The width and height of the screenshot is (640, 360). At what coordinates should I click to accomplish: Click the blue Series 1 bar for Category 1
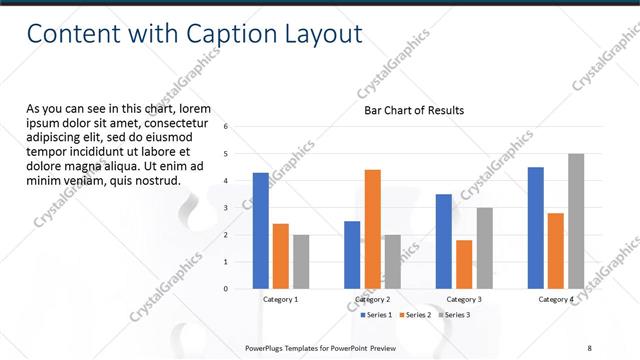point(261,231)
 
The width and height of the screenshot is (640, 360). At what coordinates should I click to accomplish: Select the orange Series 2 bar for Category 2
point(372,229)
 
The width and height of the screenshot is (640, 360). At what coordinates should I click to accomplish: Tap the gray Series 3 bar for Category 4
point(576,221)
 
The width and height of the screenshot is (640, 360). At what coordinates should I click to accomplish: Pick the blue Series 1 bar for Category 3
point(444,241)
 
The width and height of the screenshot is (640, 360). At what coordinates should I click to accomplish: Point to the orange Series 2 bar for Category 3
point(464,264)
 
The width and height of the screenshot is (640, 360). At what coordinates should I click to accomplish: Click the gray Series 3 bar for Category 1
point(301,261)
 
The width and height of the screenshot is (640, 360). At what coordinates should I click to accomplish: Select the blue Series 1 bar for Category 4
point(536,228)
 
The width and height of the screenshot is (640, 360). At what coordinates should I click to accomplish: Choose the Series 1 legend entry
point(375,315)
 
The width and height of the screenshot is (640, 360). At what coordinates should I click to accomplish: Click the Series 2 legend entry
point(416,315)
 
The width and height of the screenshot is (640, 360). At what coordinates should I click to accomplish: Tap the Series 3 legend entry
point(453,315)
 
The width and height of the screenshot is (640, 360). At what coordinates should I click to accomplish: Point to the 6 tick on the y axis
point(226,127)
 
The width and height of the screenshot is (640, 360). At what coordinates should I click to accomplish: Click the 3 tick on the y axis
point(226,208)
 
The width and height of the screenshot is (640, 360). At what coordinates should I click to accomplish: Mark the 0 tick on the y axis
point(226,289)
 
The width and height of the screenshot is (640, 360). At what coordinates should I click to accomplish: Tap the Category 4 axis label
point(556,300)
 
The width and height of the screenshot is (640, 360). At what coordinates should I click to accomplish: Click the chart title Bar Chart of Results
point(413,111)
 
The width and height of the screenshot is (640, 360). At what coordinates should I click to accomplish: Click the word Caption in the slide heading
point(229,34)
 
